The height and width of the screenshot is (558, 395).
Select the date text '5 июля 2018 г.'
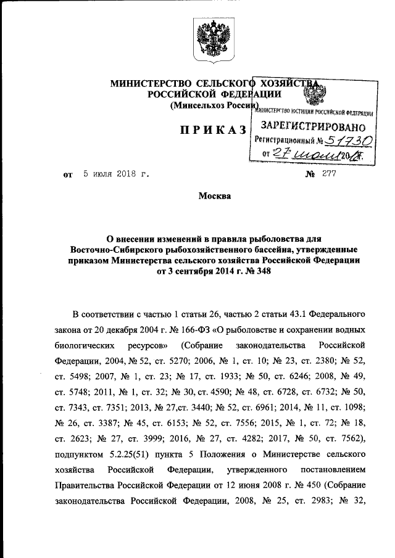pos(116,174)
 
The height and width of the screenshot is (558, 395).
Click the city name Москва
pos(214,197)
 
